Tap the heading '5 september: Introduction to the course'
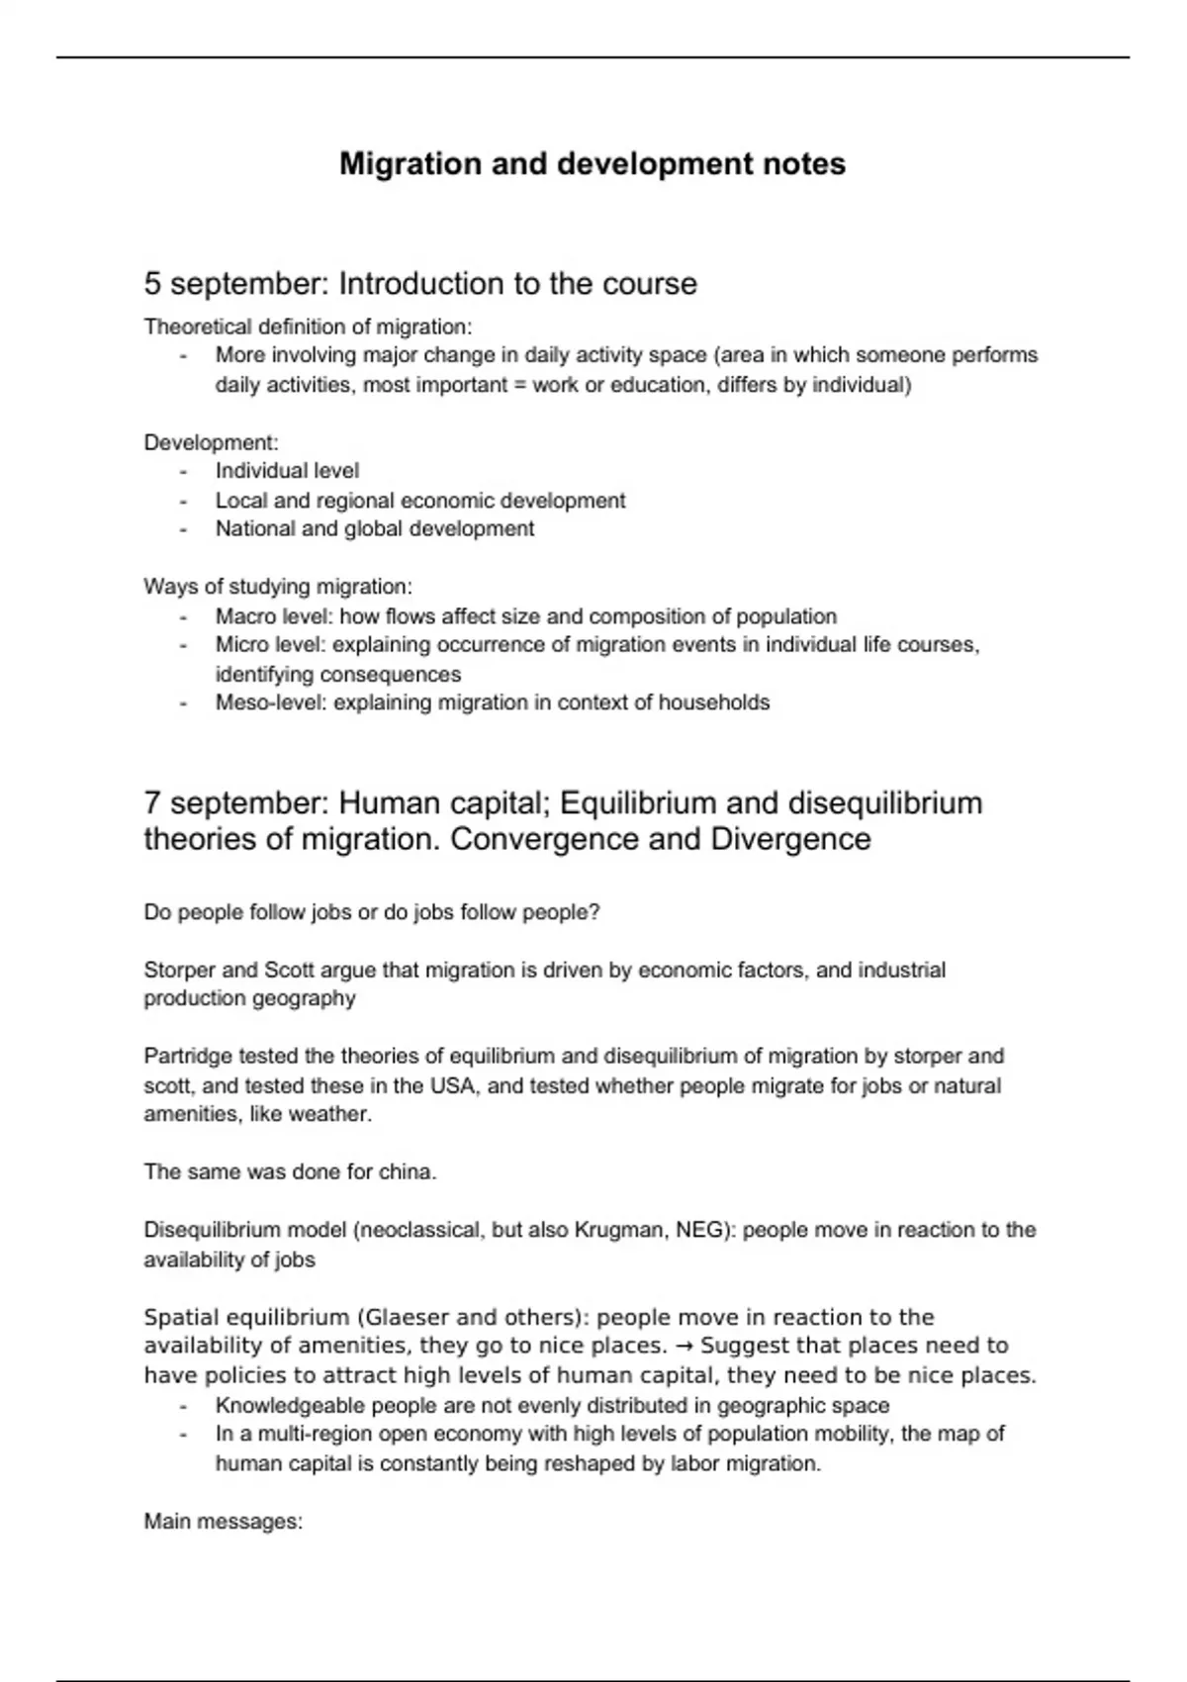pyautogui.click(x=420, y=284)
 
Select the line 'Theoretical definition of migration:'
pyautogui.click(x=309, y=327)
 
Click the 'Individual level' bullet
pyautogui.click(x=287, y=471)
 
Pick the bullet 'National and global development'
pyautogui.click(x=375, y=528)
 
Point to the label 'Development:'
pyautogui.click(x=212, y=442)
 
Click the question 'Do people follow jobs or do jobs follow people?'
pyautogui.click(x=372, y=912)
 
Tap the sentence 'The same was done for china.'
pyautogui.click(x=290, y=1171)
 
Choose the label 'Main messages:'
pyautogui.click(x=224, y=1521)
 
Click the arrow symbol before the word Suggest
pyautogui.click(x=684, y=1346)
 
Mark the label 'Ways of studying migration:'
pyautogui.click(x=278, y=587)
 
